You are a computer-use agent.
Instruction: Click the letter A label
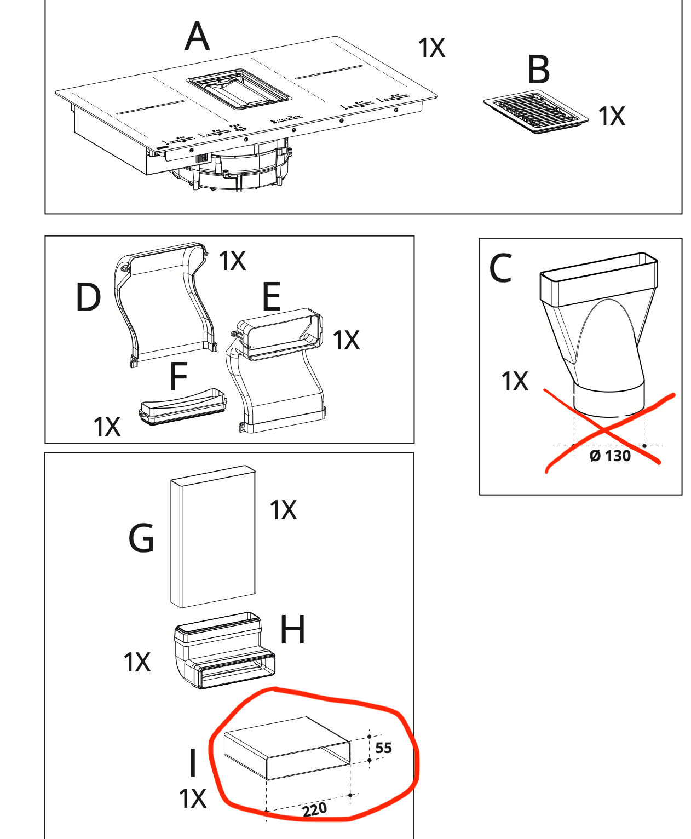[197, 37]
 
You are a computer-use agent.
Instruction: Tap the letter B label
[538, 70]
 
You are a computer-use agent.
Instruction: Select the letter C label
[501, 268]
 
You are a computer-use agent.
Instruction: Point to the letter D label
[88, 298]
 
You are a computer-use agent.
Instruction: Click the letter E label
[272, 297]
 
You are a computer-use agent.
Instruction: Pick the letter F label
[178, 377]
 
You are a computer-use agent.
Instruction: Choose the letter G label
[141, 538]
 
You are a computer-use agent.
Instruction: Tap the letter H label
[292, 630]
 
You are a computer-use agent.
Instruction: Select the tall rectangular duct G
[214, 537]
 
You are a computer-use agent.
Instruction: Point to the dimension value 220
[314, 809]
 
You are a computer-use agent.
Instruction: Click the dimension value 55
[384, 748]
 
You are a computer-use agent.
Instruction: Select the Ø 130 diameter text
[610, 456]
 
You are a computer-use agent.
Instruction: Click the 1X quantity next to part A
[431, 48]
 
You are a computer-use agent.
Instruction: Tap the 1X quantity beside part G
[283, 510]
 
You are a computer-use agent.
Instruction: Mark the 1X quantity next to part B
[611, 117]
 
